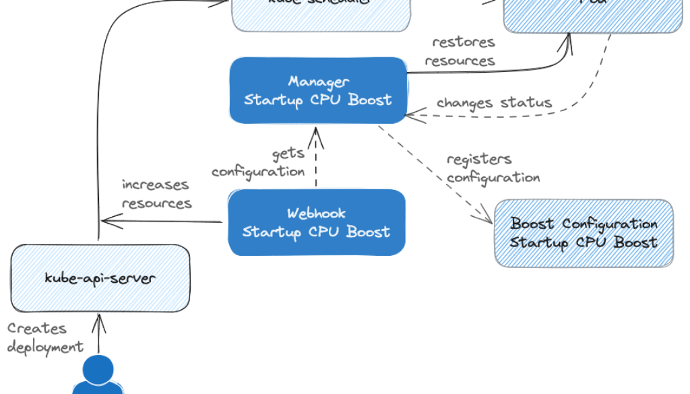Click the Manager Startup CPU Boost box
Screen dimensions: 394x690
317,90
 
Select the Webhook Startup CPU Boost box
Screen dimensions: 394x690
317,222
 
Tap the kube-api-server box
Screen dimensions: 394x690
100,278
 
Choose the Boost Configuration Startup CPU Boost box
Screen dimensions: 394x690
584,233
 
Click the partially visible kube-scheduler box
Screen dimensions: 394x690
322,15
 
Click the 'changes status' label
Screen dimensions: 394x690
494,103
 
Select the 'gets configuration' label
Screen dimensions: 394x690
259,163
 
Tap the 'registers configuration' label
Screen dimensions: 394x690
493,168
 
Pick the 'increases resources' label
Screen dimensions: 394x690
156,194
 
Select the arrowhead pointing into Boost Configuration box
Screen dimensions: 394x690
487,217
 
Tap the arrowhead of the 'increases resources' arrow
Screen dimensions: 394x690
106,220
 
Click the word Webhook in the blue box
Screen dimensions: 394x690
316,214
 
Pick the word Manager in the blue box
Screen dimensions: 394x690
319,81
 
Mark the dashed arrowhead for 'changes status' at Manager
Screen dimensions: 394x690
411,115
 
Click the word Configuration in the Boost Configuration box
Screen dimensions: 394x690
609,224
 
